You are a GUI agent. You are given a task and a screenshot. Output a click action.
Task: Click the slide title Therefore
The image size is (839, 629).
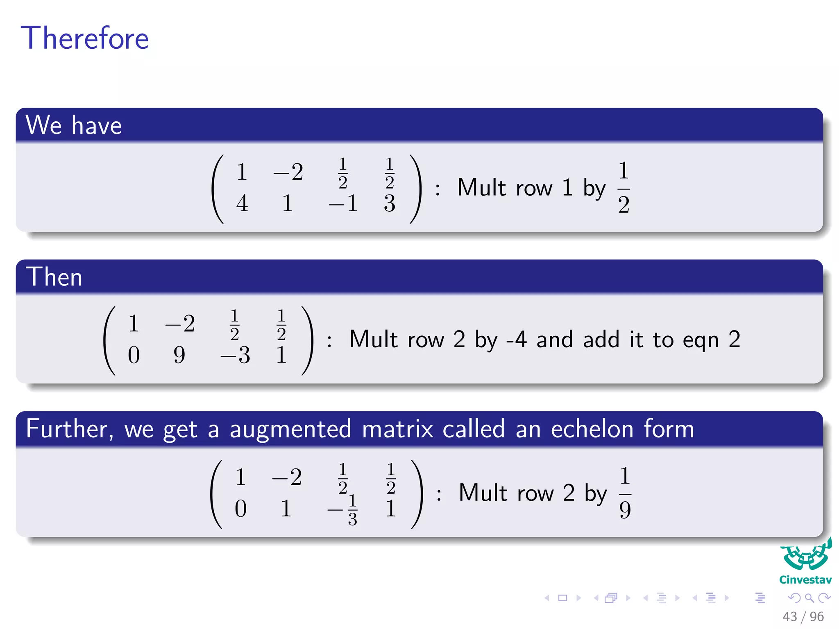coord(85,38)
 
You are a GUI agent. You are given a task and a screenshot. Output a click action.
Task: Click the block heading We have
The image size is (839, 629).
coord(74,125)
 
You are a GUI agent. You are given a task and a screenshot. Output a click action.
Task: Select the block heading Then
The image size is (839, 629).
coord(54,277)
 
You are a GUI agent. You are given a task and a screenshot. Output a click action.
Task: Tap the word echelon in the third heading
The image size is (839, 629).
coord(592,429)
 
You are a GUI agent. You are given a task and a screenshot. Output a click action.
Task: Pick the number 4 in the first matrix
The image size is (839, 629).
coord(242,203)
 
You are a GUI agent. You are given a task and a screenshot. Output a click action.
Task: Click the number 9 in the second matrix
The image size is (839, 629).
coord(179,355)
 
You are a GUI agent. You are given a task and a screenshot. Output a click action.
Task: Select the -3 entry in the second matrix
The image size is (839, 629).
coord(236,355)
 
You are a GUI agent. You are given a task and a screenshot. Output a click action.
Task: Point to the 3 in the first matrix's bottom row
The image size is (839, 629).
coord(390,203)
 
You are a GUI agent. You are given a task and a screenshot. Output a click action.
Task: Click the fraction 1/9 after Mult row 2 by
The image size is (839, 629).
coord(625,493)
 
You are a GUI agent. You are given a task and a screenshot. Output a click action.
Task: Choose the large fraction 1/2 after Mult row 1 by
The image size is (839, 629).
coord(624,187)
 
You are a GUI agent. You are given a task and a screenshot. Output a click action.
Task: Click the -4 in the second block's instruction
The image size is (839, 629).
coord(516,339)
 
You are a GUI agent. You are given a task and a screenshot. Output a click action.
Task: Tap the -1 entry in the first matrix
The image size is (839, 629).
coord(343,203)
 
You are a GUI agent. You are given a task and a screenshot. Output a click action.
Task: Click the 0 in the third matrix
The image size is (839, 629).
coord(241,509)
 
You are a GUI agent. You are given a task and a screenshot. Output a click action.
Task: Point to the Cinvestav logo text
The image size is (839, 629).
coord(805,580)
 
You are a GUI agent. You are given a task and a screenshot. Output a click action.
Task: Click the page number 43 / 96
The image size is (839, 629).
coord(803,616)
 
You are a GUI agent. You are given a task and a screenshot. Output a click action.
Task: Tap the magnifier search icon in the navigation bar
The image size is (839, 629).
coord(809,598)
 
